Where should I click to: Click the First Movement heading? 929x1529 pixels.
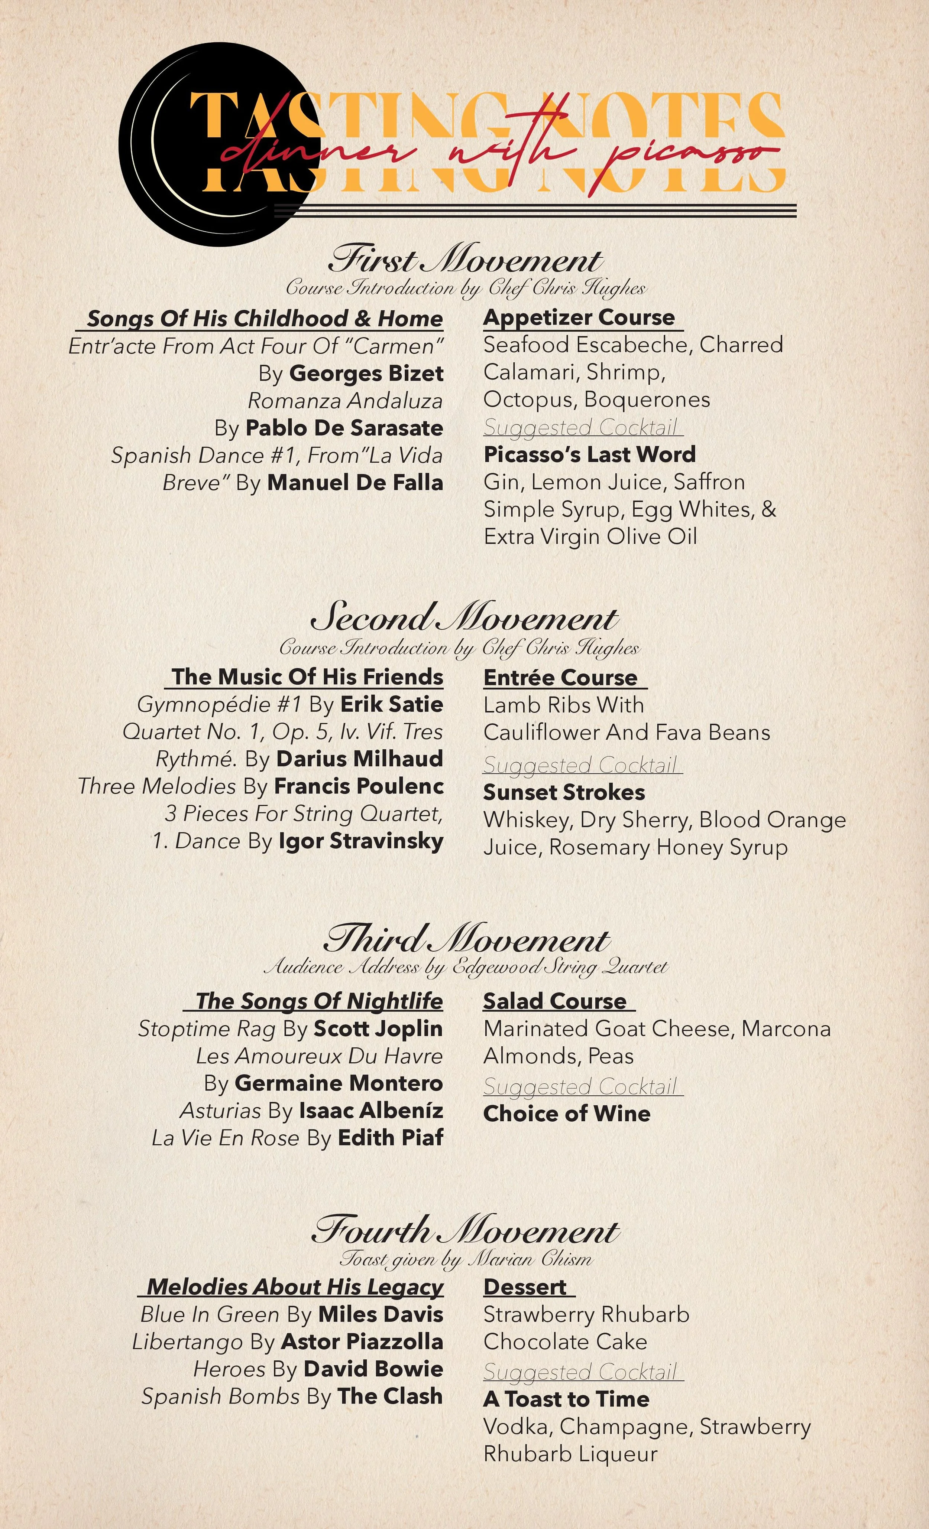tap(465, 260)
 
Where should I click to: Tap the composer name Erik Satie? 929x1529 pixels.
tap(391, 704)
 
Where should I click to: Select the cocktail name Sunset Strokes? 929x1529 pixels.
tap(564, 792)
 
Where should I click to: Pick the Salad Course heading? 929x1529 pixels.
tap(554, 1001)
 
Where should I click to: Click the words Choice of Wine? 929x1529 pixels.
tap(566, 1113)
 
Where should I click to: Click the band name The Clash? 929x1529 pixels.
tap(389, 1396)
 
